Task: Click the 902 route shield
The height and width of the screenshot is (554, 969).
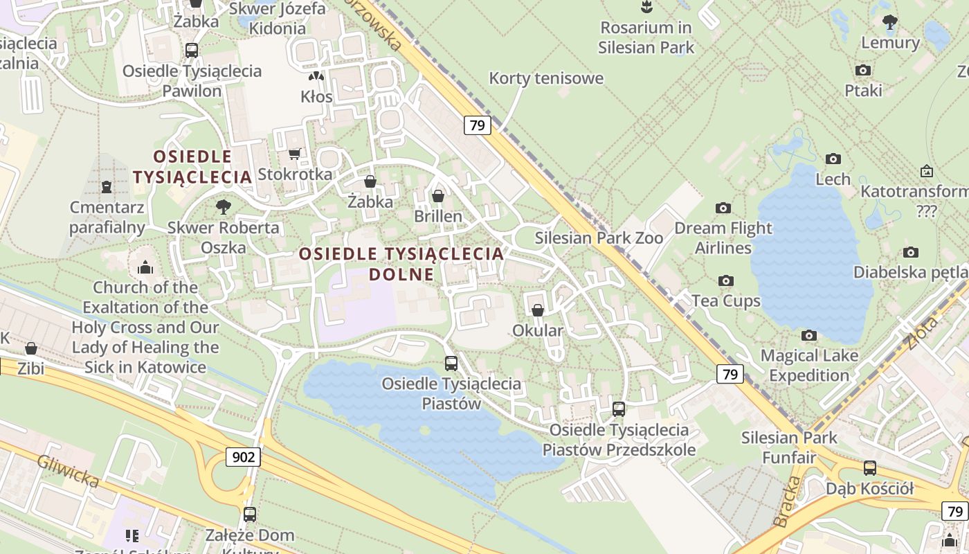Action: [242, 456]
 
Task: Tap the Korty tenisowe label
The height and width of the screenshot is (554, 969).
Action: [546, 78]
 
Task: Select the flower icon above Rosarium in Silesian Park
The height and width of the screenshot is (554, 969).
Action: [646, 8]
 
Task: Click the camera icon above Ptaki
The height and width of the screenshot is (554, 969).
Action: [863, 70]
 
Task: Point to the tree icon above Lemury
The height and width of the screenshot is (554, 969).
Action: [890, 22]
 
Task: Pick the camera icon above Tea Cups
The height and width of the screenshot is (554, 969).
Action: [725, 280]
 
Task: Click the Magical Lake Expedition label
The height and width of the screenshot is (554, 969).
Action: [809, 366]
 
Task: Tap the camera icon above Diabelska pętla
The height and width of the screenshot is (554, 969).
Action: [911, 252]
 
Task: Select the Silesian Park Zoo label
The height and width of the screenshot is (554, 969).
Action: [599, 238]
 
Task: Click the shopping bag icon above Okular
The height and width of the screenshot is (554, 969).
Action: [538, 310]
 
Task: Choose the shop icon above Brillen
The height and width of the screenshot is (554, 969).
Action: [437, 196]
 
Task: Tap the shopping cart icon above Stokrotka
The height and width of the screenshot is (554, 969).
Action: [295, 154]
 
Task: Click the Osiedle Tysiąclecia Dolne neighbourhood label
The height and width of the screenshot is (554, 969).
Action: [401, 263]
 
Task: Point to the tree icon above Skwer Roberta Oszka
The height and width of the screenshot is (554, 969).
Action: [223, 206]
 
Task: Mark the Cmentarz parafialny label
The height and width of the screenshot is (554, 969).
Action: [107, 217]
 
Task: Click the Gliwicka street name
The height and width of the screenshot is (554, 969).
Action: [68, 471]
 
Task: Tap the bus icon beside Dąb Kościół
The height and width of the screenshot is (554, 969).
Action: [869, 468]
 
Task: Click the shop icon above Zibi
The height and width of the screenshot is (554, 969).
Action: [31, 348]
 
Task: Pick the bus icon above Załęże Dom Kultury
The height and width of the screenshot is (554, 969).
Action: [250, 515]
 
